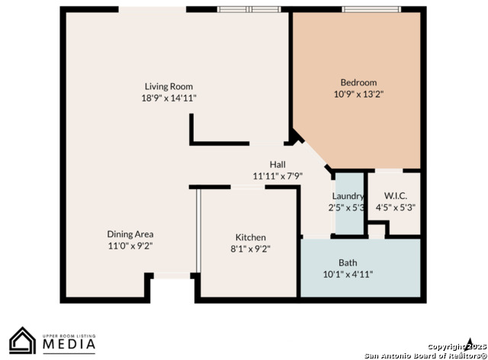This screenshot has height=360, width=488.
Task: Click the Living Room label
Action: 169,87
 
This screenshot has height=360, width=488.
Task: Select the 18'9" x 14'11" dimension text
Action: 169,98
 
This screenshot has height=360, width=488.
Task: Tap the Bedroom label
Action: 358,82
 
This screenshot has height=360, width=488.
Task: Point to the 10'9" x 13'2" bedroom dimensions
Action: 358,94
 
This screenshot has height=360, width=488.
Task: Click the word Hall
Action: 278,165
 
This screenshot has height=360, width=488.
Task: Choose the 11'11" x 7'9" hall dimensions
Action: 278,176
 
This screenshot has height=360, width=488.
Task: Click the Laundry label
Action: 348,196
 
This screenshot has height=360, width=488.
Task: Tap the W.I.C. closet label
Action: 396,196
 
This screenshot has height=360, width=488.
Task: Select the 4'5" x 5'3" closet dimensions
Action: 396,207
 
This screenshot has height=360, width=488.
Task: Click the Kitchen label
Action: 251,237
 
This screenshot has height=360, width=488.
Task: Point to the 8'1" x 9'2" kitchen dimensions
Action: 251,249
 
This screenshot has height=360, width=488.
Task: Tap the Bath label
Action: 348,263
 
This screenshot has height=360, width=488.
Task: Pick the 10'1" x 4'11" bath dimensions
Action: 348,275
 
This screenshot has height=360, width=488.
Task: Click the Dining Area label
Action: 130,234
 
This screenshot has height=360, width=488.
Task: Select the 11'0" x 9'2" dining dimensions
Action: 130,246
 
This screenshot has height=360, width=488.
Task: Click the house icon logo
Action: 22,340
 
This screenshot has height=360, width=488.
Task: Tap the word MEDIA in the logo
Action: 69,344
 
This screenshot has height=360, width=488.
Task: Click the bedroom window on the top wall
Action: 371,9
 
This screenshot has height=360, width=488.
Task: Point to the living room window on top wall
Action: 249,9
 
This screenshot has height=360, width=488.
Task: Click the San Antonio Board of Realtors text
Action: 425,355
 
